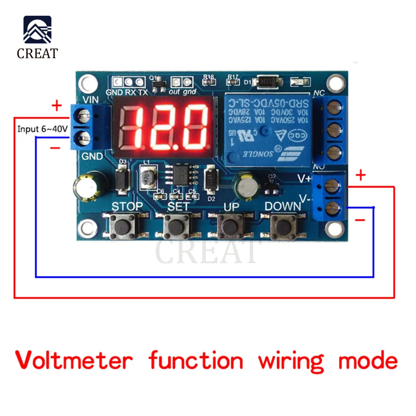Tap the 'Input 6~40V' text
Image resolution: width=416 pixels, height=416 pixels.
pyautogui.click(x=42, y=129)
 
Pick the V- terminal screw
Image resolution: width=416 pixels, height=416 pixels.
pyautogui.click(x=331, y=207)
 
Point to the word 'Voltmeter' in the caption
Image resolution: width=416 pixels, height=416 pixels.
pyautogui.click(x=74, y=360)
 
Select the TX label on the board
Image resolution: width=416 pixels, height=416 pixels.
pyautogui.click(x=142, y=92)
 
